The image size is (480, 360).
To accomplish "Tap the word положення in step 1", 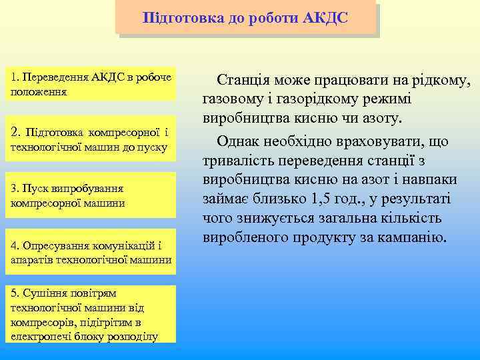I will click(39, 90).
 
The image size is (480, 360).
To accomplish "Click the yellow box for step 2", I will click(91, 139).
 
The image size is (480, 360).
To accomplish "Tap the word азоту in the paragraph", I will click(383, 119).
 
